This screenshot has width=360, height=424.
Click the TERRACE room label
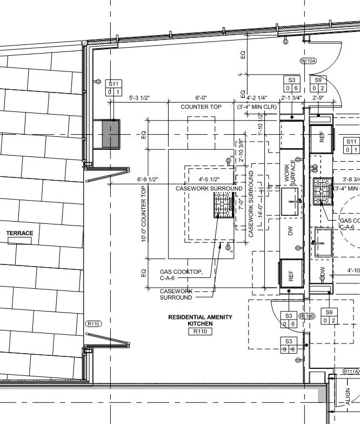pos(20,234)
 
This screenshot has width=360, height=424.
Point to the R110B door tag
pos(308,316)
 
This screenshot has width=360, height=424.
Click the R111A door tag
pos(351,372)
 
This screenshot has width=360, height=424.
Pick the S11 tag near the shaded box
pos(114,88)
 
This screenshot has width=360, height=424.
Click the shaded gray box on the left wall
pos(111,134)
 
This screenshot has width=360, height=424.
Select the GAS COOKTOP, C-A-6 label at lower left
pos(182,275)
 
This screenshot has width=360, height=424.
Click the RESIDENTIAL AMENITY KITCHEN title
pos(200,320)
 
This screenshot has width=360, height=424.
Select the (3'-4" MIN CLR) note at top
pos(257,107)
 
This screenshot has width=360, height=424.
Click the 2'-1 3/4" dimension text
pos(291,98)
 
